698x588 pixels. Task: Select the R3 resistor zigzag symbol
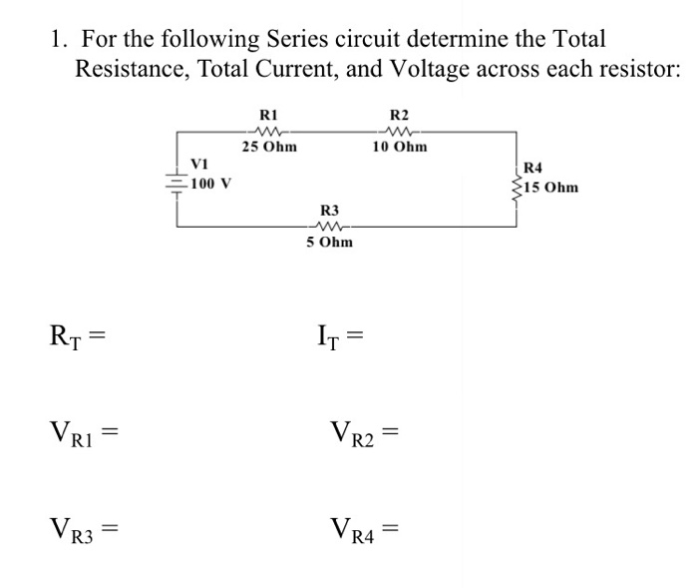tap(330, 227)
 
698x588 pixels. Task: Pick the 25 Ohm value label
tap(268, 147)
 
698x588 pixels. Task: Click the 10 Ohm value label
tap(399, 147)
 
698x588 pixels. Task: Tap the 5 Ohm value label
tap(329, 242)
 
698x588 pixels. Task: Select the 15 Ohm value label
tap(550, 187)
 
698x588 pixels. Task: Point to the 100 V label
tap(211, 184)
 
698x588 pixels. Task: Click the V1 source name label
tap(199, 165)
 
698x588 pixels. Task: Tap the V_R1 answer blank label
tap(77, 434)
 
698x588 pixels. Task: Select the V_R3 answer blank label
tap(77, 525)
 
